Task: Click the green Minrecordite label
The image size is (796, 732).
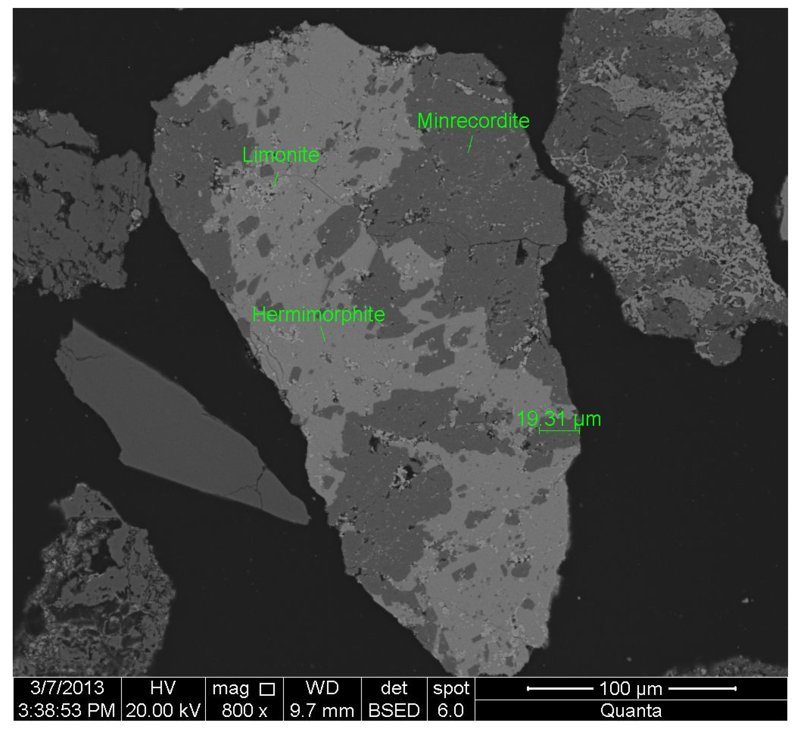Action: click(x=473, y=121)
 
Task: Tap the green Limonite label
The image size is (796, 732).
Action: click(x=281, y=155)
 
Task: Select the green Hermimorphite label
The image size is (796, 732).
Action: click(x=318, y=315)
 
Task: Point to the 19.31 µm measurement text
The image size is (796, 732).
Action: click(x=558, y=419)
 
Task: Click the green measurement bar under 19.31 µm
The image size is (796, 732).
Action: click(x=559, y=431)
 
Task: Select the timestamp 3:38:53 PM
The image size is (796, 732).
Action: click(x=67, y=711)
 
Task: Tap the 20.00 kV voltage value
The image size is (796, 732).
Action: click(x=163, y=711)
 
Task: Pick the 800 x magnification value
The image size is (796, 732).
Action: click(x=244, y=711)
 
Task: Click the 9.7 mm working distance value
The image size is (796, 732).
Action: click(x=321, y=711)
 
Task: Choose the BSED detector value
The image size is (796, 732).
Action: click(x=394, y=711)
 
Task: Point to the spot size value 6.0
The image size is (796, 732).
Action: click(x=451, y=711)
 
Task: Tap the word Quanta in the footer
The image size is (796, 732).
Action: click(x=631, y=711)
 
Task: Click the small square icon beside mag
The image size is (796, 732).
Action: click(x=267, y=689)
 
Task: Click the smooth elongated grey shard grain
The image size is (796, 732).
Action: click(x=171, y=421)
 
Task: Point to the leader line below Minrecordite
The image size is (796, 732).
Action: click(x=470, y=144)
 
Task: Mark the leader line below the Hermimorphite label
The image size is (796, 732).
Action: click(x=323, y=334)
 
